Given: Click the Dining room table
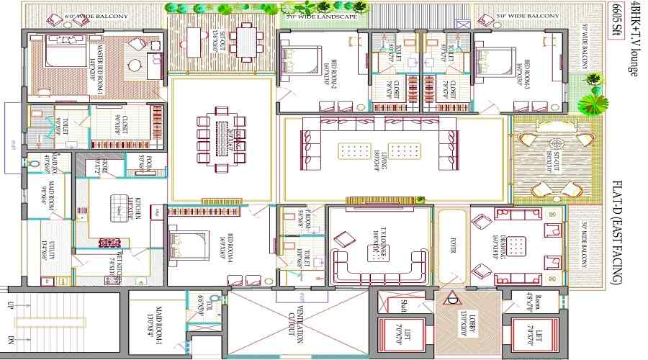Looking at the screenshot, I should pos(222,136).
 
